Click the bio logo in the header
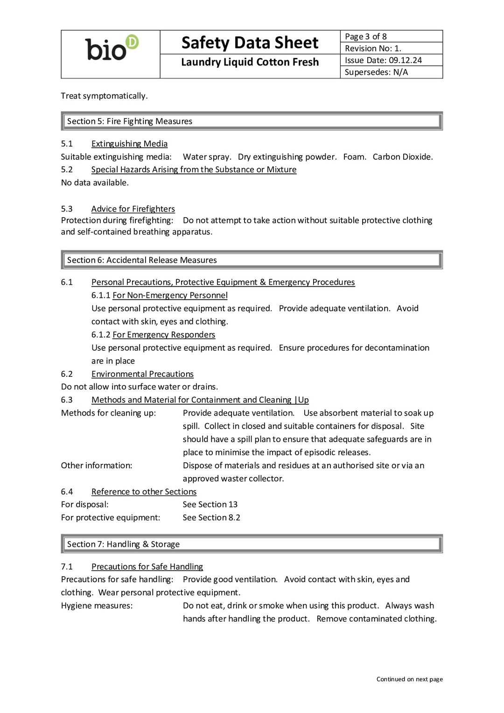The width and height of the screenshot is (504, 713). [x=111, y=49]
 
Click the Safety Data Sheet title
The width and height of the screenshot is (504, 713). [x=250, y=43]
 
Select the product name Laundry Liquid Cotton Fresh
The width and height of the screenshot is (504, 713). [x=250, y=62]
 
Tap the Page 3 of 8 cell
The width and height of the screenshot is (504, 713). [x=365, y=36]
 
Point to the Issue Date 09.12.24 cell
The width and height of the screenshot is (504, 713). [x=383, y=60]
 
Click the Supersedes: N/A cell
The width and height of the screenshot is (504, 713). [x=376, y=72]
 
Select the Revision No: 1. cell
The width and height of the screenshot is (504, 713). [x=373, y=48]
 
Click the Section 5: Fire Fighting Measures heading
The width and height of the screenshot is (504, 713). [x=130, y=121]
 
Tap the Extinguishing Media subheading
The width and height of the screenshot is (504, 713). [x=129, y=144]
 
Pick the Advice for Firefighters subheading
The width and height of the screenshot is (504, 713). [x=133, y=209]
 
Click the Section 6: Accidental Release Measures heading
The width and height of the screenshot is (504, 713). [x=142, y=260]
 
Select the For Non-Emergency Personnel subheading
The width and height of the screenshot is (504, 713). [x=170, y=295]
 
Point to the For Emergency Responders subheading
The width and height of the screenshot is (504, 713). [x=164, y=335]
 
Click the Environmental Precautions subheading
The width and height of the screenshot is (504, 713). [x=142, y=374]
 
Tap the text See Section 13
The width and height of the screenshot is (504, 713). [x=210, y=504]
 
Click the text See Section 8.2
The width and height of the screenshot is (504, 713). [x=211, y=517]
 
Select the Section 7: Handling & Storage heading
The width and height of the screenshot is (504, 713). [x=123, y=544]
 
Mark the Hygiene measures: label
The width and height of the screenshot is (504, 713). [x=97, y=606]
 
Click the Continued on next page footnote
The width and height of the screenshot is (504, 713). [x=409, y=679]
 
